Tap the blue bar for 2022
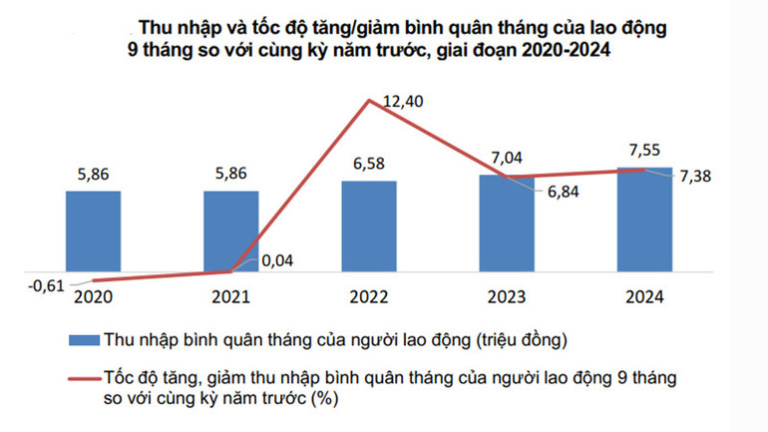tap(368, 226)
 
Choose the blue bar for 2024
tap(643, 219)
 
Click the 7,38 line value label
tap(699, 177)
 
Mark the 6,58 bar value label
tap(368, 163)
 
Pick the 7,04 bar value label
tap(506, 157)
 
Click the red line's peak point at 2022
tap(370, 99)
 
